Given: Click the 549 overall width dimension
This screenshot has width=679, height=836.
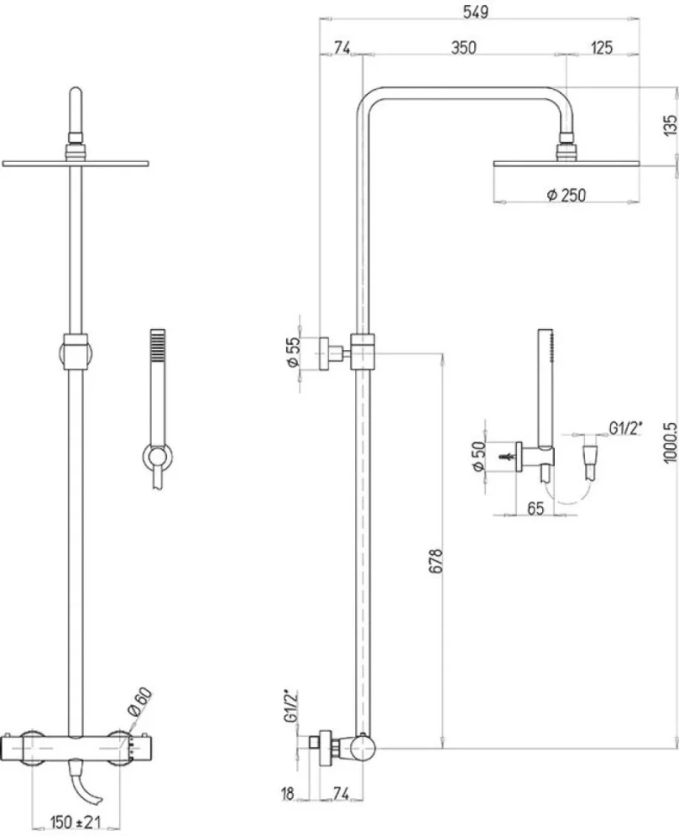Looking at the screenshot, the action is (476, 12).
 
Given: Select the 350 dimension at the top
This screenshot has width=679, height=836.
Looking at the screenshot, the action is (464, 47).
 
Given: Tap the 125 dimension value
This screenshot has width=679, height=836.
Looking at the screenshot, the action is (602, 47).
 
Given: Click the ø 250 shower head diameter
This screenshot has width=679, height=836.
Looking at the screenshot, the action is (566, 195).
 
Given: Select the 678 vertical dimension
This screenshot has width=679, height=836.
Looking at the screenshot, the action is (435, 560).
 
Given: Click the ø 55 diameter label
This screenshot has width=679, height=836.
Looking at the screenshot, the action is (293, 352).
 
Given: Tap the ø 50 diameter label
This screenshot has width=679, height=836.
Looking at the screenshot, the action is (479, 456).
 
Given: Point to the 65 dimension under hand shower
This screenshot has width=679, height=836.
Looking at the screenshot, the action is (535, 508).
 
